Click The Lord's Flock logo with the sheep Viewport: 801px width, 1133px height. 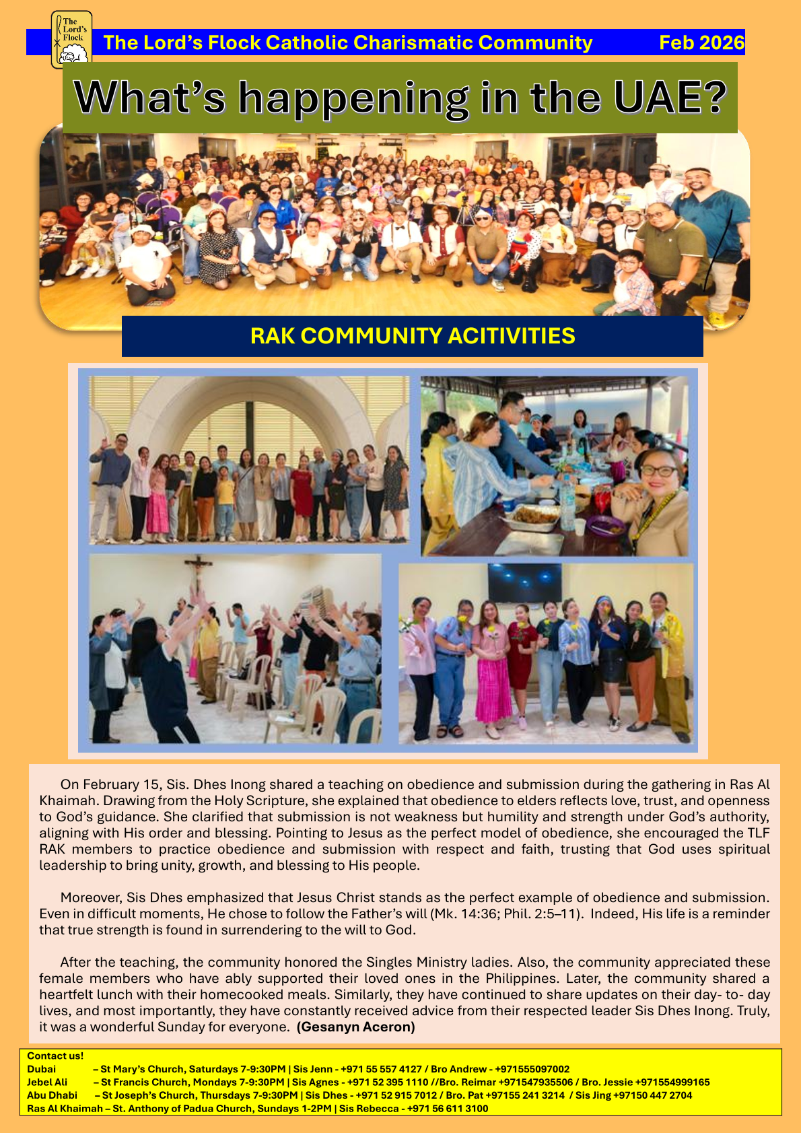pos(71,39)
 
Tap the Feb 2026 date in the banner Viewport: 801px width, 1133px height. pos(701,43)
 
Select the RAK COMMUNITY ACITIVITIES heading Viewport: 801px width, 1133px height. pos(413,336)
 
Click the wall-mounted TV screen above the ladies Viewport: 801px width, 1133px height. pos(524,582)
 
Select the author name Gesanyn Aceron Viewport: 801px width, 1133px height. pos(355,1027)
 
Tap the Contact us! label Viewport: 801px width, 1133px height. pos(55,1056)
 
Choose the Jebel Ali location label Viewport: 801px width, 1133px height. pos(47,1083)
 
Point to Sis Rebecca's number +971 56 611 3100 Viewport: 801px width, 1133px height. pos(448,1108)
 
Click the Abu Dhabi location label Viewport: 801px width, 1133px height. pos(52,1095)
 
